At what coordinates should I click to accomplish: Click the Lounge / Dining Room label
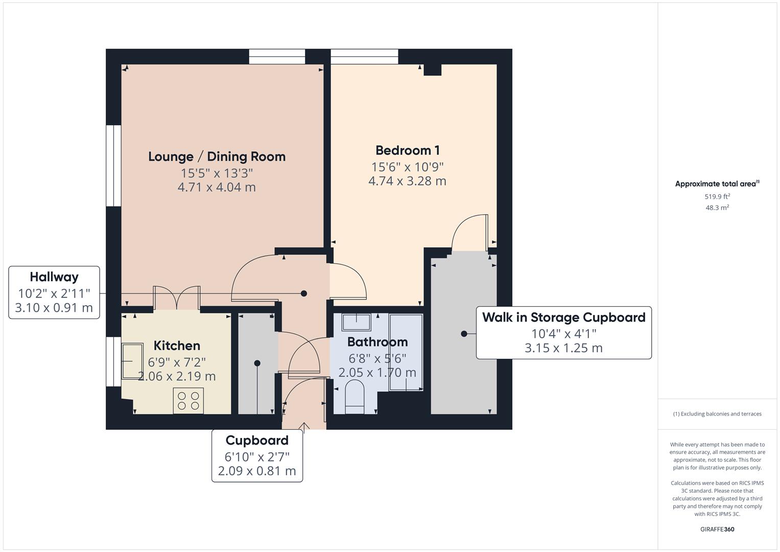click(217, 157)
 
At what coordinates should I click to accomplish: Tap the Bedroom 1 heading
click(408, 151)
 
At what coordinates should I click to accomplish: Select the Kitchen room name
click(177, 346)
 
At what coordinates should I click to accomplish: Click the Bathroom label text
click(377, 342)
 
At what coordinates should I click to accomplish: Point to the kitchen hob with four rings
click(188, 401)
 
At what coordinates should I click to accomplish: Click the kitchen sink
click(132, 361)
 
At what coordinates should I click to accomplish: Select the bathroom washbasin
click(356, 322)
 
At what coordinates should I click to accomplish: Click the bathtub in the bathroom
click(406, 352)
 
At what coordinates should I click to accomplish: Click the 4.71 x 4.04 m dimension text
click(217, 188)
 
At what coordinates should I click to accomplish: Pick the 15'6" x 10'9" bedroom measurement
click(408, 167)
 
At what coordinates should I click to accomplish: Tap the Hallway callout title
click(54, 277)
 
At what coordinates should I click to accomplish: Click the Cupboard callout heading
click(257, 441)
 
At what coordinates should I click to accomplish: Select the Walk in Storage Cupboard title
click(564, 317)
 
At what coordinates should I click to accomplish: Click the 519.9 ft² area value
click(717, 197)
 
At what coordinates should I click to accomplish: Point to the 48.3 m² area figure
click(717, 208)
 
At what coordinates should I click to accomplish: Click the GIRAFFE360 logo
click(717, 530)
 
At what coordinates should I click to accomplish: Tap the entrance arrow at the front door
click(304, 427)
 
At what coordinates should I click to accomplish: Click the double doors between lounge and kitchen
click(177, 297)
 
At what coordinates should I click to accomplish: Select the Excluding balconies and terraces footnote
click(717, 414)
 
